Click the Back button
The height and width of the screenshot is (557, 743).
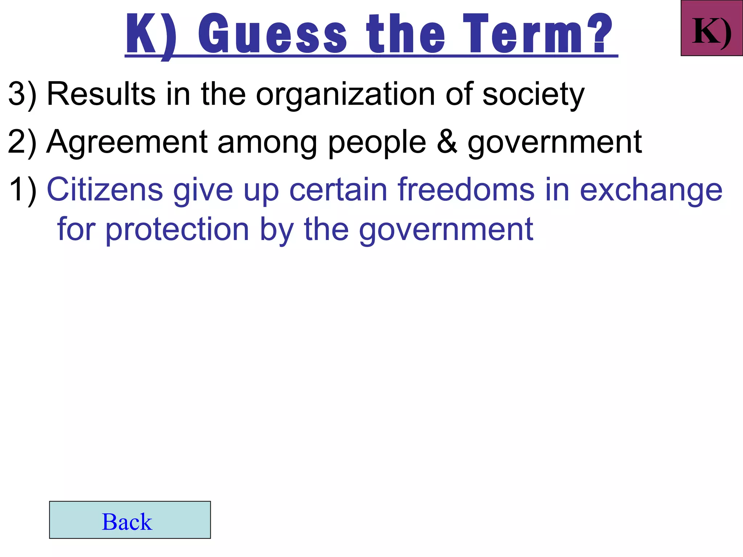coord(130,520)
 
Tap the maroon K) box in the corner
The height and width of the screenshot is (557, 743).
coord(711,28)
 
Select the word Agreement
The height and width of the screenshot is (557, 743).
coord(127,143)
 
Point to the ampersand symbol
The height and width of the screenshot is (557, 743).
coord(447,142)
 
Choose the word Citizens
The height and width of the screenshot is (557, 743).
coord(105,190)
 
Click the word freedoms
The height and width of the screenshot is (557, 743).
coord(466,190)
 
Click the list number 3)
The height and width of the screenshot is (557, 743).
coord(22,94)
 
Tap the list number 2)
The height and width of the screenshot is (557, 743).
coord(22,143)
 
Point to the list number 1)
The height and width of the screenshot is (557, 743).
coord(22,190)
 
